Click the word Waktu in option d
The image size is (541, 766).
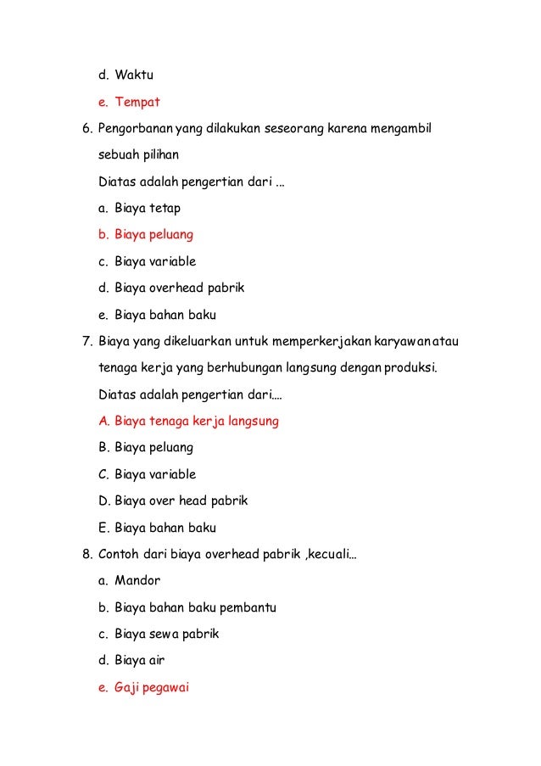click(x=134, y=75)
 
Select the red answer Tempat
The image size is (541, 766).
click(x=137, y=102)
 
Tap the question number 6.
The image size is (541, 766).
click(x=86, y=128)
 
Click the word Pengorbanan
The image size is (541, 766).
click(x=135, y=128)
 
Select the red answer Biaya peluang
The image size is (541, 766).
click(x=153, y=234)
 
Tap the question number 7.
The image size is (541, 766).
click(x=86, y=341)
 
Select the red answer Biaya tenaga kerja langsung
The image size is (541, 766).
click(x=196, y=421)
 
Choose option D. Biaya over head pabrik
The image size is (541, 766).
click(x=181, y=500)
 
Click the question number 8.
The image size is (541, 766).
click(x=86, y=554)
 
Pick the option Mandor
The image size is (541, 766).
click(x=137, y=581)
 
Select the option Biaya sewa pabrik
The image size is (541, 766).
click(x=166, y=634)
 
